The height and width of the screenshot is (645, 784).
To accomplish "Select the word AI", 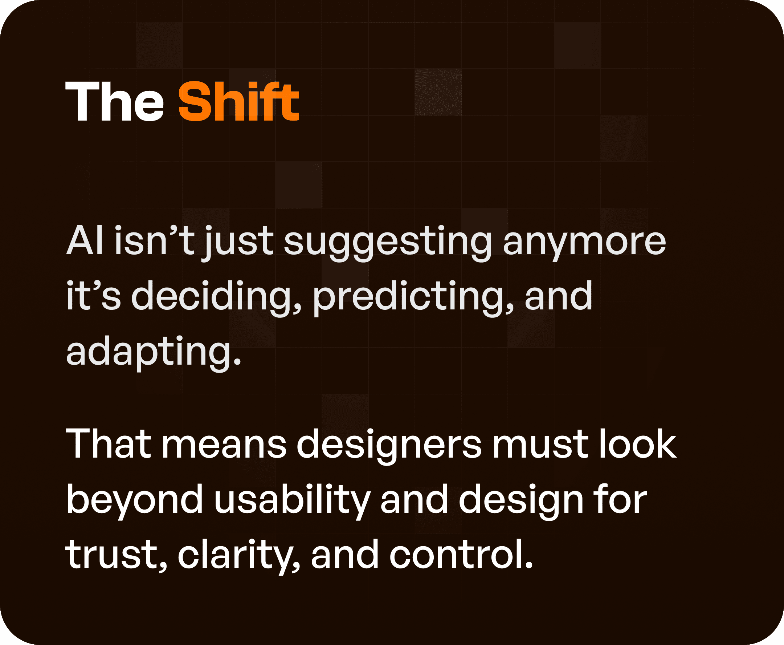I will tap(85, 241).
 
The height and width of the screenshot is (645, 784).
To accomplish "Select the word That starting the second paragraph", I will tap(109, 445).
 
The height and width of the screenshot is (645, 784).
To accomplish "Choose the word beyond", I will tap(135, 500).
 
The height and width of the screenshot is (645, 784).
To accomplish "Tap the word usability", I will tap(292, 500).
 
